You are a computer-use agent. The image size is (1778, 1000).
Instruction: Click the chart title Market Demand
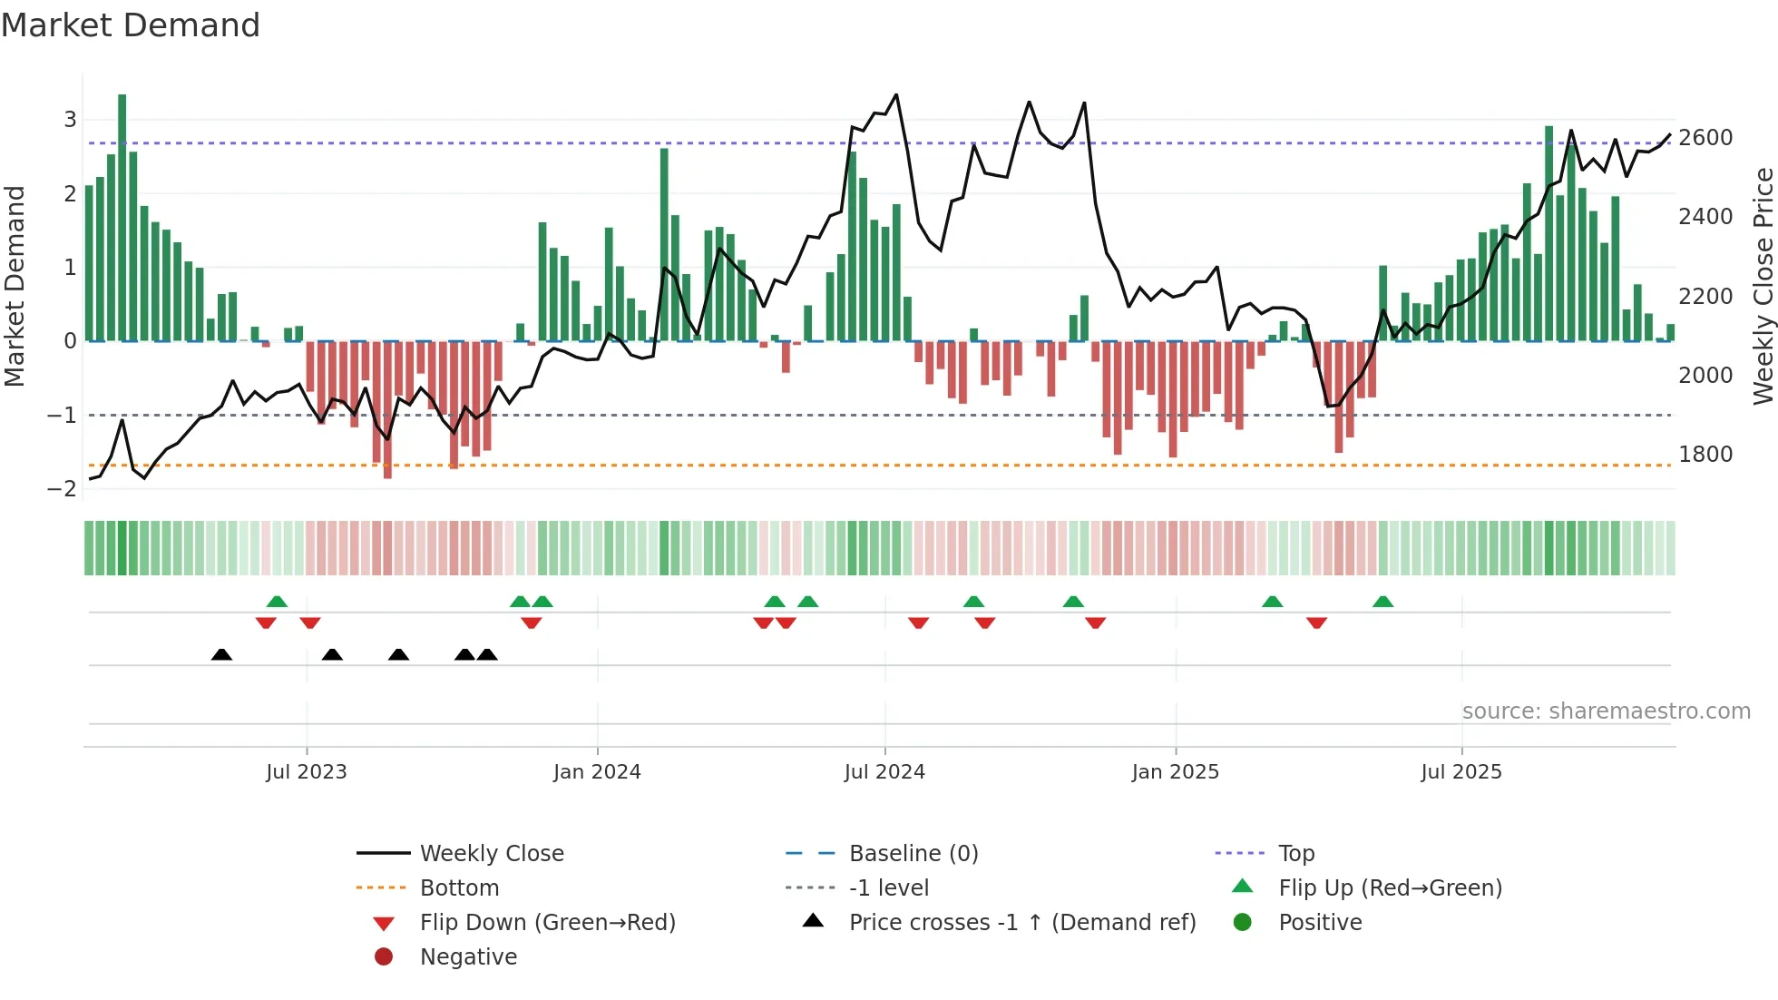131,25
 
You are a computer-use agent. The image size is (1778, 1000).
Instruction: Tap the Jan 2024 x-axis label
597,772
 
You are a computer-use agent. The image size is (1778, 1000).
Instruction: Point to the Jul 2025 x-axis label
1461,772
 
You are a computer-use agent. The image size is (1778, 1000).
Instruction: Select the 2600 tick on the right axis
1705,138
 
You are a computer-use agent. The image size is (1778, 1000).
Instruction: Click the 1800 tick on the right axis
1705,455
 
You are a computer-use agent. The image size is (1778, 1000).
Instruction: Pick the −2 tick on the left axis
63,489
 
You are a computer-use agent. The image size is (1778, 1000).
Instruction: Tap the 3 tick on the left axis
70,120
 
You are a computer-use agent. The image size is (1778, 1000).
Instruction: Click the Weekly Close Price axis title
1763,286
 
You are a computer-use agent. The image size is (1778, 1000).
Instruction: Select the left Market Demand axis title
15,286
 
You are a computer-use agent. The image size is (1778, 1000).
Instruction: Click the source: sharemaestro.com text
1606,711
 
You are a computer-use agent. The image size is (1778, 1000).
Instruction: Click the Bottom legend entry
459,888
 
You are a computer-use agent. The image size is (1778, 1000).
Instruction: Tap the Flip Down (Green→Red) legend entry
547,923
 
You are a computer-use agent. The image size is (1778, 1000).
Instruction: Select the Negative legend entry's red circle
384,957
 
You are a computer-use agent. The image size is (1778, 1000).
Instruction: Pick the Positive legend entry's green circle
1243,923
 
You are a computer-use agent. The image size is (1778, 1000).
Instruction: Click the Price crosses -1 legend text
1022,923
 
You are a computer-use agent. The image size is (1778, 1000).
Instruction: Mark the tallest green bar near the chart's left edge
122,218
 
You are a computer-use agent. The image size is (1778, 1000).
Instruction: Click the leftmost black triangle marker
221,654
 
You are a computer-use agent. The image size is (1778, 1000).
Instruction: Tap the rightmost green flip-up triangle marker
1382,602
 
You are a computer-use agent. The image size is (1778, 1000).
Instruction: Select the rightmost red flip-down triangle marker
1317,623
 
